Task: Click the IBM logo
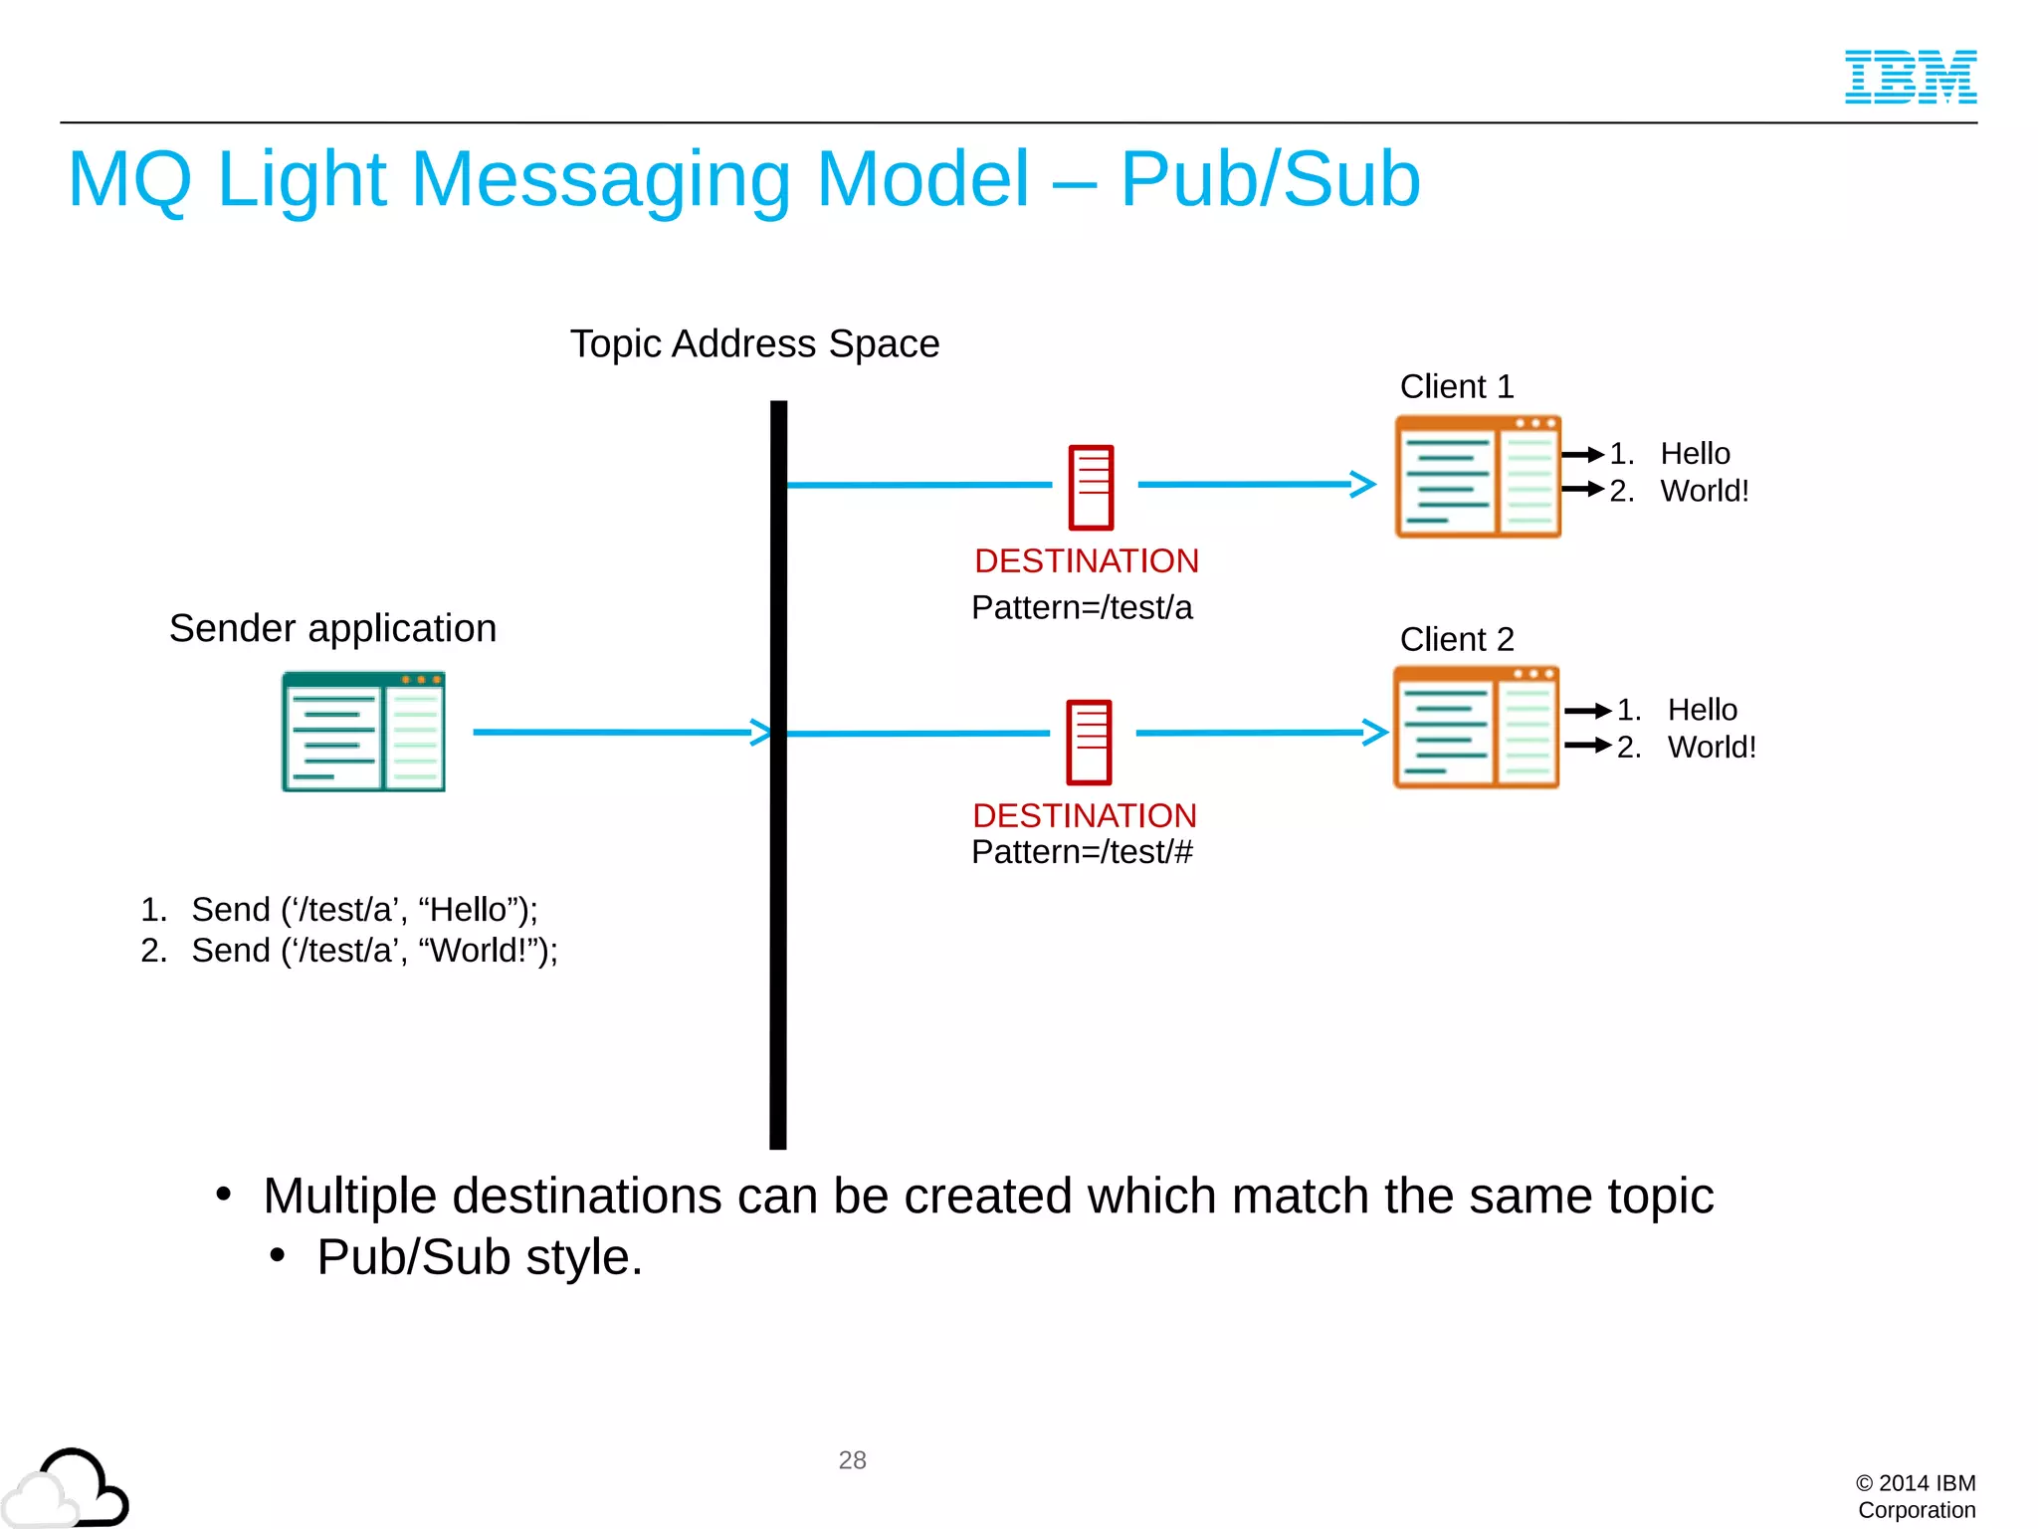[x=1910, y=77]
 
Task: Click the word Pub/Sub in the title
[x=1270, y=179]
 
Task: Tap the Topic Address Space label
[x=754, y=343]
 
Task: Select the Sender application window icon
[x=363, y=732]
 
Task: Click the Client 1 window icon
[x=1478, y=477]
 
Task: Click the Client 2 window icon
[x=1476, y=728]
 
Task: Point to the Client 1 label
[x=1457, y=386]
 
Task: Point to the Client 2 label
[x=1457, y=639]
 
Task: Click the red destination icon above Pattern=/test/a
[x=1091, y=487]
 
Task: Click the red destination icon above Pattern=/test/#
[x=1089, y=742]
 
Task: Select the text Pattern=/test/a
[x=1082, y=607]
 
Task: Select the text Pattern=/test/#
[x=1082, y=852]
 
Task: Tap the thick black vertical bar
[x=778, y=896]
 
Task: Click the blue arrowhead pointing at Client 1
[x=1363, y=484]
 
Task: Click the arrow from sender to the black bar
[x=617, y=732]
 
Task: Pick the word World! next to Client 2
[x=1712, y=747]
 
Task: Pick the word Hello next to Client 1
[x=1695, y=454]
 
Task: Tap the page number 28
[x=852, y=1459]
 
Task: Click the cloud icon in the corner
[x=68, y=1489]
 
